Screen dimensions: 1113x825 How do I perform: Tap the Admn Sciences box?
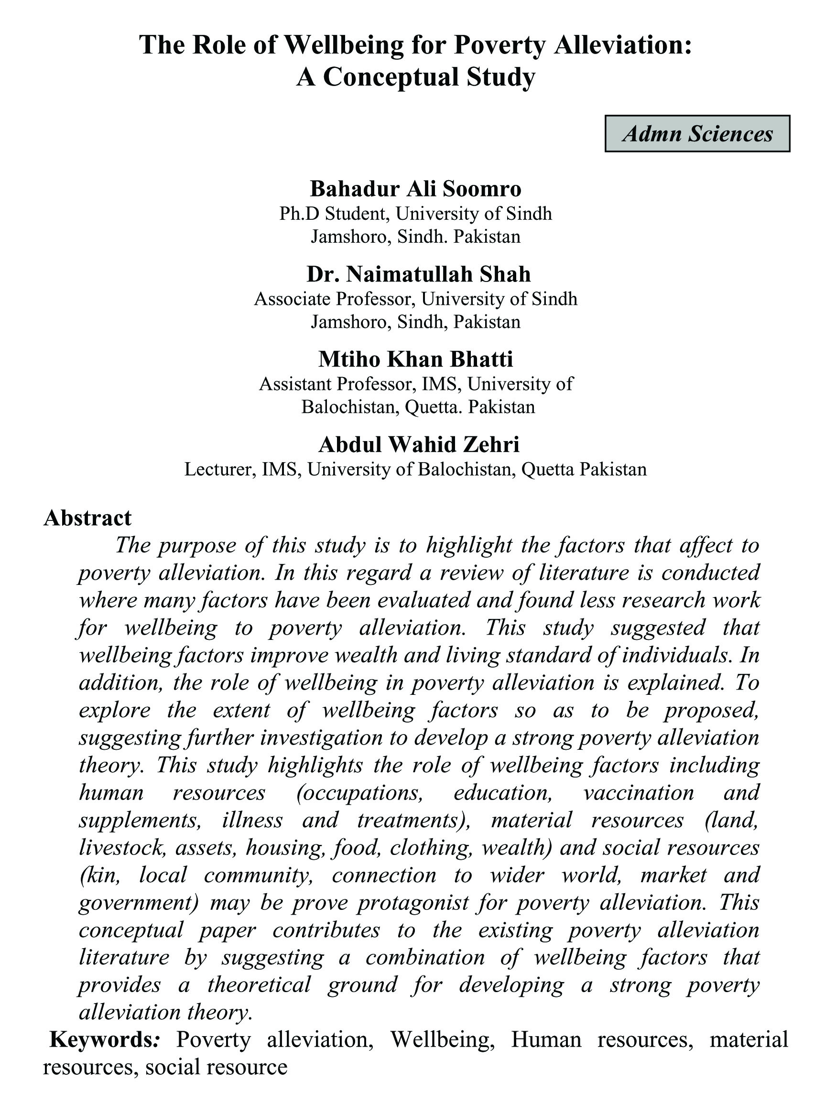click(697, 134)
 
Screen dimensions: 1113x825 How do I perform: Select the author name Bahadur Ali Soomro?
click(415, 189)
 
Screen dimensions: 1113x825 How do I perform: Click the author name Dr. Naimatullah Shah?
click(419, 274)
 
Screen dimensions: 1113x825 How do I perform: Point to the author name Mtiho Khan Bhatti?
click(416, 359)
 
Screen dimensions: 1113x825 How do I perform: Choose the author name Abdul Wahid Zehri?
click(419, 444)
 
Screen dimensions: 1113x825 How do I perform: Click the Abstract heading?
click(87, 518)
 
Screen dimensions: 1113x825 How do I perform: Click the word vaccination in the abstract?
click(638, 792)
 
